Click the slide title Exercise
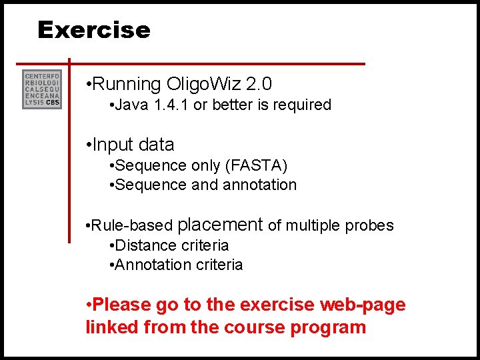coord(94,30)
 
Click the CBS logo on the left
coord(42,89)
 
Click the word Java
coord(131,105)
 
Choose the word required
coord(303,105)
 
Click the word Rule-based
coord(133,226)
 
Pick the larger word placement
coord(221,225)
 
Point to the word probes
coord(369,226)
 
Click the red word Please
coord(122,305)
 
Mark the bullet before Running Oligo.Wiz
coord(89,85)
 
